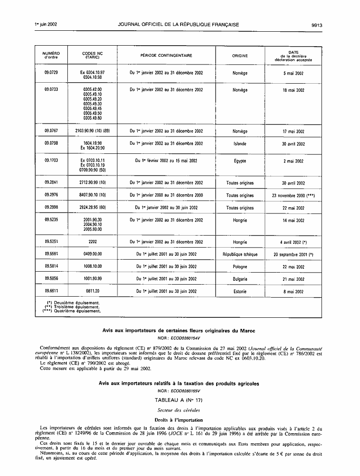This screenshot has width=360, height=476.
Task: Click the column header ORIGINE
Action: click(240, 56)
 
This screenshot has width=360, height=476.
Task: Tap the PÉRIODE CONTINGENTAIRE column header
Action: click(166, 56)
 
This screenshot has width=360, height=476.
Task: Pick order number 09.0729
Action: click(51, 74)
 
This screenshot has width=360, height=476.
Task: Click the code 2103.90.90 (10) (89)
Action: click(93, 131)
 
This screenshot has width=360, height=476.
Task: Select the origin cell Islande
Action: click(240, 143)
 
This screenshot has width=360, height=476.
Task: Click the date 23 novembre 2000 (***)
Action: click(294, 196)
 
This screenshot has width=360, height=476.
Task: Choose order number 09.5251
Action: click(51, 242)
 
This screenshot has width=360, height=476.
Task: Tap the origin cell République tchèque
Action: click(240, 254)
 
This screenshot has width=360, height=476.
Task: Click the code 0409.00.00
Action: click(93, 254)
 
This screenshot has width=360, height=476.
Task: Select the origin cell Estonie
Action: click(240, 291)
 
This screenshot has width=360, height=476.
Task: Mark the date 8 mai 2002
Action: click(294, 291)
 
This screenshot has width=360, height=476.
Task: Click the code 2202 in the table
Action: click(93, 242)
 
